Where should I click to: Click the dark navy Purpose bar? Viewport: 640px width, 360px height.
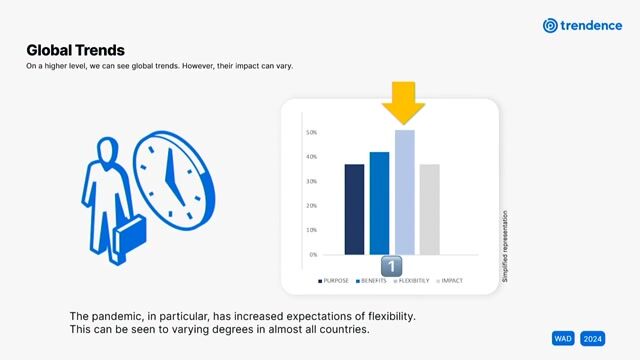[354, 209]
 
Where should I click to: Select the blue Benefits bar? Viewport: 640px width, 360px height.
[379, 203]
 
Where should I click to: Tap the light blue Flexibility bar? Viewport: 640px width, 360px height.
[404, 192]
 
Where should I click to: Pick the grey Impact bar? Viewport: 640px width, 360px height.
[429, 209]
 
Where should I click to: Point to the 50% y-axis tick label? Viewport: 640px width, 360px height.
[311, 132]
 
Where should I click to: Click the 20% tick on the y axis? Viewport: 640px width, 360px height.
[311, 206]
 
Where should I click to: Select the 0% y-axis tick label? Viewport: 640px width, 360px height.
[312, 254]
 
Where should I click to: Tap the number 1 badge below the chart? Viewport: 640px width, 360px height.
[392, 266]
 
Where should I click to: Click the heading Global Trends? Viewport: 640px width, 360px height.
[75, 49]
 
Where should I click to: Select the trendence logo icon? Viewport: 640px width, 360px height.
[549, 25]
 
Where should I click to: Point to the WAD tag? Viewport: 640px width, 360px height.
[563, 338]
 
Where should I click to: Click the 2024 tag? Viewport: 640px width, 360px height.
[592, 338]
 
